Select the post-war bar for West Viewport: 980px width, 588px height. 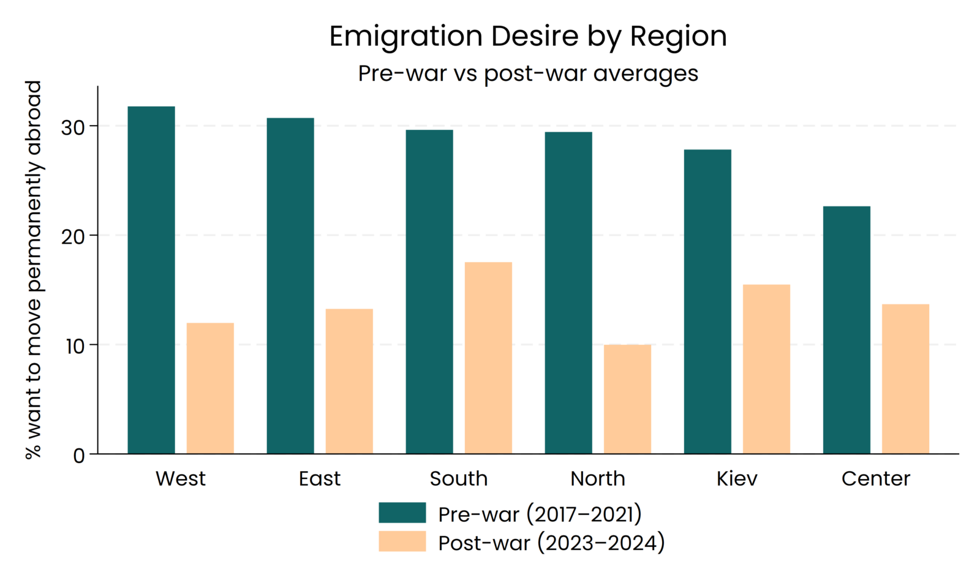coord(210,388)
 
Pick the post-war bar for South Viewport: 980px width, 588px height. coord(488,358)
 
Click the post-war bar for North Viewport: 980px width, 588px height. coord(627,399)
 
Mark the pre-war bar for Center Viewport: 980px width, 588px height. coord(846,330)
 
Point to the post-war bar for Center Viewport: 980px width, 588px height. coord(905,379)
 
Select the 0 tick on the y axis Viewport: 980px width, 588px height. coord(78,456)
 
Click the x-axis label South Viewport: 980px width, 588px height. coord(459,478)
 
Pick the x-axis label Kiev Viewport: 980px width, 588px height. coord(737,478)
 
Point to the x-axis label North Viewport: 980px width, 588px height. coord(598,478)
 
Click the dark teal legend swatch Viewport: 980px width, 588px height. coord(402,513)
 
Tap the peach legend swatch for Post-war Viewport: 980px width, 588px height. coord(402,541)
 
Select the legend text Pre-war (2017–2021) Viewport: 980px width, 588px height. coord(540,514)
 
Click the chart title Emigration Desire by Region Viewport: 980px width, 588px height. coord(528,36)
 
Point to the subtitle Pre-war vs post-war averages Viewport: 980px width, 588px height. coord(528,73)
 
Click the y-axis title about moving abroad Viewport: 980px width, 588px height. coord(33,269)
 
